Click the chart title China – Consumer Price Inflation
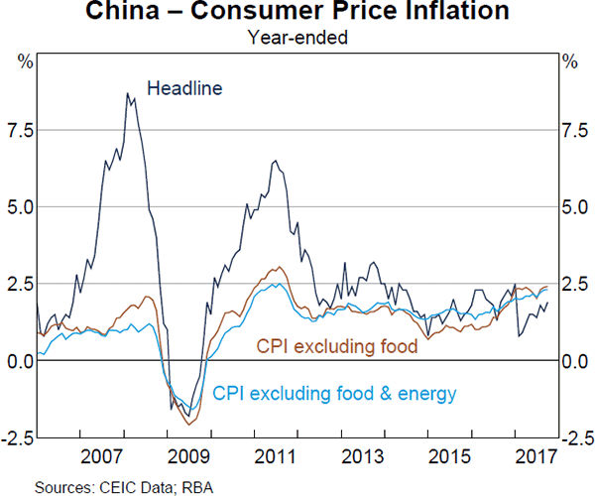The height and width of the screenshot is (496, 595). pos(297,14)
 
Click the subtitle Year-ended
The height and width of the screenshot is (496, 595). pos(297,39)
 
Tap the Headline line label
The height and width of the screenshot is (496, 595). pos(184,88)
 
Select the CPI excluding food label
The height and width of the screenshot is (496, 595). pos(337,346)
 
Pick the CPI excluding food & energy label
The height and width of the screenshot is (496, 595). pos(335,394)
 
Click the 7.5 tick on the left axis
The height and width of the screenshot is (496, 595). pos(20,130)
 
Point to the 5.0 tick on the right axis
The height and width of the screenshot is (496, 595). pos(575,207)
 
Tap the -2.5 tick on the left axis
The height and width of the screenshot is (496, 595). pos(17,437)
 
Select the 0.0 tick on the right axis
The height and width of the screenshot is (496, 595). pos(575,361)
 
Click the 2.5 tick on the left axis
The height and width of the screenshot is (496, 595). pos(20,284)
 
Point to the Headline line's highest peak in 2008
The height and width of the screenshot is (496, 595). pos(127,93)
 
